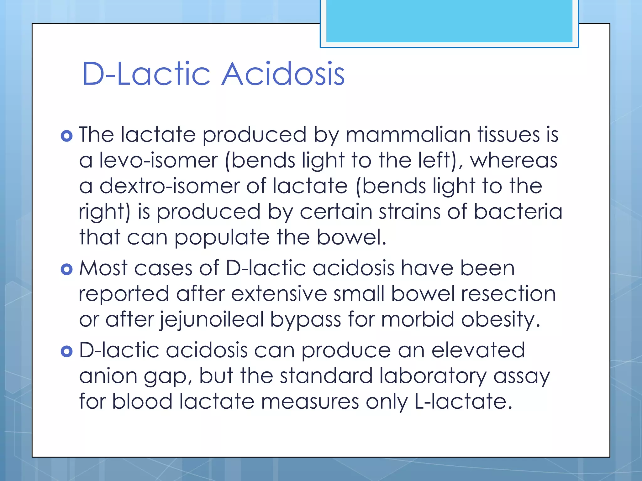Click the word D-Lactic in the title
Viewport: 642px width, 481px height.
tap(146, 74)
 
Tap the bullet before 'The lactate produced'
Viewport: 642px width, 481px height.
tap(66, 136)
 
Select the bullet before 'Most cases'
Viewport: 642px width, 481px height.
tap(66, 269)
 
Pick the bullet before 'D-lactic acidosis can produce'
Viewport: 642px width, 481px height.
tap(66, 351)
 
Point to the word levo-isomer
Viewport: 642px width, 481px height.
tap(158, 160)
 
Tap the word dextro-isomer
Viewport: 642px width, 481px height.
tap(169, 186)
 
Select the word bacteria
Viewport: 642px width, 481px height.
tap(518, 212)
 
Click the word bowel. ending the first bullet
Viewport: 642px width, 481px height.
tap(351, 237)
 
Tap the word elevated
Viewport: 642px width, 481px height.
tap(478, 350)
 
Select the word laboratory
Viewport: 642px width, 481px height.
tap(433, 376)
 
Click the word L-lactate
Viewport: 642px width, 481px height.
tap(463, 401)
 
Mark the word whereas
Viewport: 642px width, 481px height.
tap(514, 160)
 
